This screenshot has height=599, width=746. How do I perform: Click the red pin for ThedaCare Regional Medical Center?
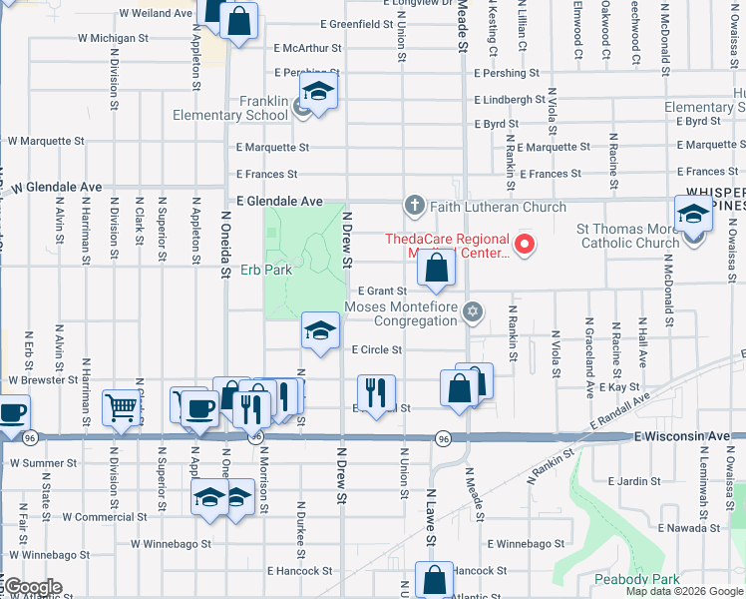click(x=522, y=244)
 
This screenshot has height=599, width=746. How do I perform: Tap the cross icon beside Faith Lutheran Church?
click(x=414, y=207)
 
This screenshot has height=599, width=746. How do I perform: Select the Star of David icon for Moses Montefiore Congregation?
click(x=473, y=313)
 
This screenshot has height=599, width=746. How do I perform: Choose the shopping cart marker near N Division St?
click(x=121, y=405)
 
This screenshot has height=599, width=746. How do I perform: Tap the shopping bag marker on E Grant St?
click(x=436, y=268)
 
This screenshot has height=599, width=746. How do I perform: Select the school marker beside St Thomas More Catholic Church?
click(x=693, y=215)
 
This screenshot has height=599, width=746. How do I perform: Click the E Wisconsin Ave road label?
click(x=688, y=437)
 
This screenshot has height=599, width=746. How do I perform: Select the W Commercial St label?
click(x=105, y=517)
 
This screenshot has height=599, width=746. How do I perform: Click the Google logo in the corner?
click(x=32, y=587)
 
